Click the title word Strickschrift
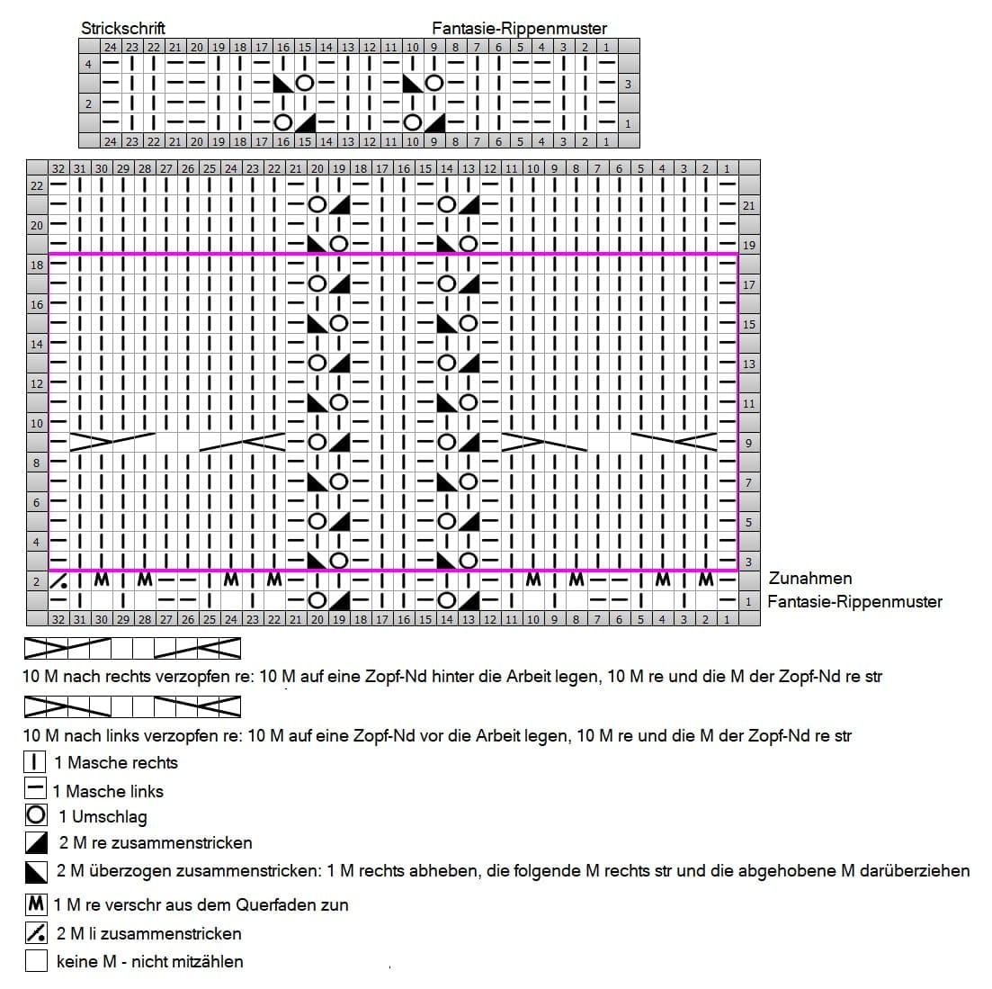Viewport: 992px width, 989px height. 122,29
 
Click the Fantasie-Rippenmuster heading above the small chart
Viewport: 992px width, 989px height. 520,29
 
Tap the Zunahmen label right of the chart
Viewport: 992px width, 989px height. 809,578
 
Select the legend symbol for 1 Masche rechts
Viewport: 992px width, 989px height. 35,761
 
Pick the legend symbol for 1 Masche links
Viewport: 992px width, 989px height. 35,788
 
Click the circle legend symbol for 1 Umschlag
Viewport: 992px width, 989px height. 35,814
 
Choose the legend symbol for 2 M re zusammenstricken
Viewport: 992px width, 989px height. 36,842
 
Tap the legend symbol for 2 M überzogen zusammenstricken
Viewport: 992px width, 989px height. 36,871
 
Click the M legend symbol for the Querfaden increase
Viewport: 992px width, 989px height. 36,904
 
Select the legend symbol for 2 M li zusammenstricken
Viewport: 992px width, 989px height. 36,932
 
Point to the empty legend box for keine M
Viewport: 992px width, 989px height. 36,960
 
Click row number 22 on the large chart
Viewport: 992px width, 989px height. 37,185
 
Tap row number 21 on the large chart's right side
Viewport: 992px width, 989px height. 749,206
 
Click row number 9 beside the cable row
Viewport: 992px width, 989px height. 749,444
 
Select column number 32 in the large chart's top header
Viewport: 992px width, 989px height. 58,168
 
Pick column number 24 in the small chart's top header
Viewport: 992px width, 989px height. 110,47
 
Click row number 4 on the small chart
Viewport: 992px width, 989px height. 88,64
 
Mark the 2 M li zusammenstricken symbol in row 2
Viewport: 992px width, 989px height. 58,580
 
